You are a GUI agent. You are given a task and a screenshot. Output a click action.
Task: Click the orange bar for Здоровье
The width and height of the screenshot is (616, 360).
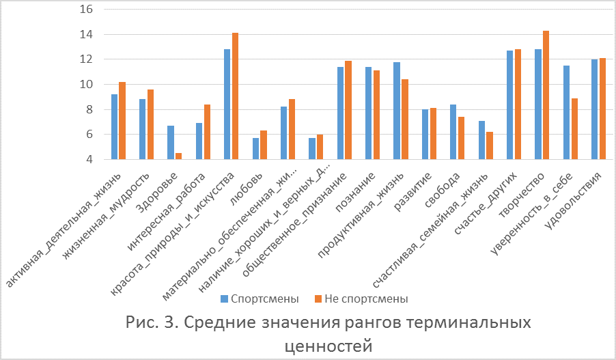click(x=178, y=156)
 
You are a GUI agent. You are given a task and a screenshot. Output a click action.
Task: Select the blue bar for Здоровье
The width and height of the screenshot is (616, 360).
click(x=171, y=143)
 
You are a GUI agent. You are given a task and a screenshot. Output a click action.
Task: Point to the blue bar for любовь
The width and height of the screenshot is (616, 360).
click(x=255, y=149)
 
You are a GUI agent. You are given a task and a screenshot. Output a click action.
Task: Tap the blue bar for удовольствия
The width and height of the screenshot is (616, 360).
click(x=594, y=109)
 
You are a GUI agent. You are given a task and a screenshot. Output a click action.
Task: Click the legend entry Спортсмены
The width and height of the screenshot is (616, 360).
click(x=260, y=299)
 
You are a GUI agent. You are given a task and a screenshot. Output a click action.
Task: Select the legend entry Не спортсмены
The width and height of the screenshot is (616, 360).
click(x=361, y=299)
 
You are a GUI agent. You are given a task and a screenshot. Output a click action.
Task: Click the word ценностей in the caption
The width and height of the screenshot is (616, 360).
click(x=328, y=345)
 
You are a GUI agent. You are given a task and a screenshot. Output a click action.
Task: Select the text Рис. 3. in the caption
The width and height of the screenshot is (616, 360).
click(x=152, y=322)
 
